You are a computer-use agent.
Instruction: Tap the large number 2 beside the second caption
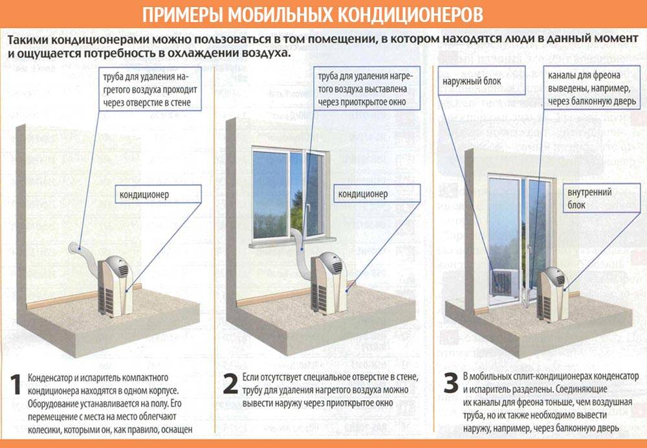pyautogui.click(x=230, y=384)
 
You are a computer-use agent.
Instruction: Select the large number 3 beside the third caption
pyautogui.click(x=450, y=383)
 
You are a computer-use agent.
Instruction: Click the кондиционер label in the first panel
pyautogui.click(x=149, y=194)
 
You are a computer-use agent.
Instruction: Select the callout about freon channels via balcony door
pyautogui.click(x=592, y=87)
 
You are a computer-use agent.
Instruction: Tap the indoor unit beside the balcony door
pyautogui.click(x=553, y=293)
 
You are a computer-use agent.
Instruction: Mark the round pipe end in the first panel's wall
pyautogui.click(x=74, y=248)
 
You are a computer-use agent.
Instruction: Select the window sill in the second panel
pyautogui.click(x=292, y=243)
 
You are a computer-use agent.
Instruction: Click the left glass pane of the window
pyautogui.click(x=269, y=194)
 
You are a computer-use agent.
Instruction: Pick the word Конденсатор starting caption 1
pyautogui.click(x=49, y=378)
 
